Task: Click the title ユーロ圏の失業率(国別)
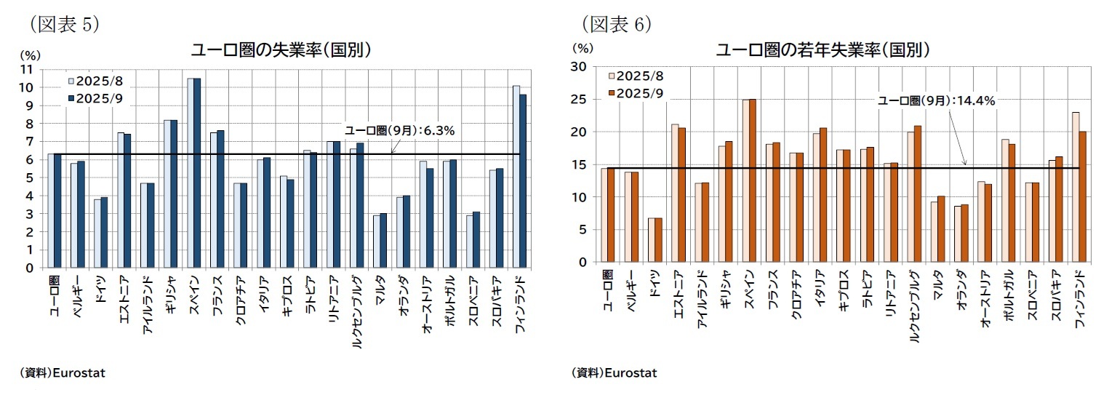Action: (281, 50)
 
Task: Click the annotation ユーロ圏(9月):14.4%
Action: (936, 101)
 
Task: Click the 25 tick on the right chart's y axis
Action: (580, 99)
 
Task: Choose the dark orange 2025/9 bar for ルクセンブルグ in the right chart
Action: (918, 193)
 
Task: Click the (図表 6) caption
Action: (615, 25)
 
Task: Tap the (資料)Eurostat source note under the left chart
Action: (63, 373)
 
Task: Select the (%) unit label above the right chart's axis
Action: (582, 49)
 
